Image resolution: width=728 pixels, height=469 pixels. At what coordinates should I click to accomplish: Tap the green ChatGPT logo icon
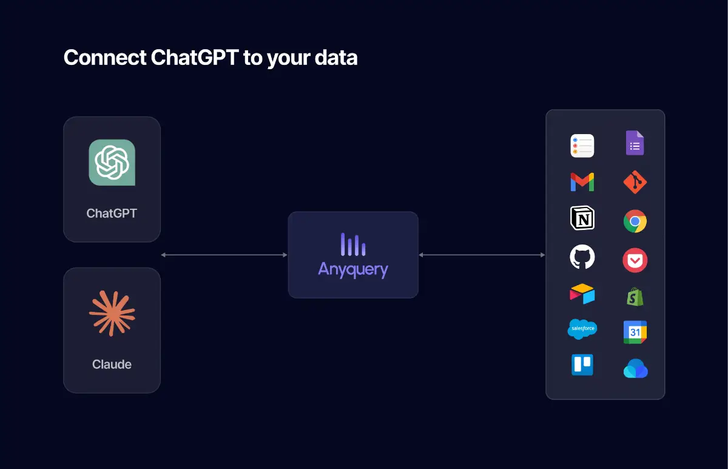(112, 162)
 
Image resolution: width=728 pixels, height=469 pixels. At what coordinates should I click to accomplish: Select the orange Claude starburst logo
(112, 313)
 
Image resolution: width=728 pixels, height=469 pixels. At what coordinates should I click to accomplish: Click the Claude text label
(112, 365)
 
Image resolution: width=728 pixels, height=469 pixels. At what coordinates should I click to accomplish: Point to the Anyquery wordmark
(353, 269)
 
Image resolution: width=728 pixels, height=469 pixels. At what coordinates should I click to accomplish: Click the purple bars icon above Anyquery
(353, 244)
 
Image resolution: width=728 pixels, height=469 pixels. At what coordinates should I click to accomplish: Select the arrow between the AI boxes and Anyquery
(224, 255)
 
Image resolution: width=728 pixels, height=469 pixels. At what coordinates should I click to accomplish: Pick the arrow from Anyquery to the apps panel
(482, 255)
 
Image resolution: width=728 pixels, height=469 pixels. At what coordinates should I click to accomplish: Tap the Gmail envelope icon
(582, 182)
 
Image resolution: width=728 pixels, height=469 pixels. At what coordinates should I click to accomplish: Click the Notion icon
(582, 218)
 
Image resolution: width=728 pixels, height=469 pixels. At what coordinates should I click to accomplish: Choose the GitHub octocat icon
(582, 257)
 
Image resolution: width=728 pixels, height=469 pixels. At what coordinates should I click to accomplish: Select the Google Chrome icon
(635, 221)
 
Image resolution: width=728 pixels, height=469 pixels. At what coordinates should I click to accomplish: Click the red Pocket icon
(635, 260)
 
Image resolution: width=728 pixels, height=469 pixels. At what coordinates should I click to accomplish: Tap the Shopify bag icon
(635, 297)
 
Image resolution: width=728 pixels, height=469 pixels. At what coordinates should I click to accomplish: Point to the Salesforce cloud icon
(582, 329)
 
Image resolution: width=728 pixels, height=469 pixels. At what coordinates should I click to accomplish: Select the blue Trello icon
(582, 365)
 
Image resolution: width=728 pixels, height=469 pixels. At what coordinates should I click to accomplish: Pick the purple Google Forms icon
(635, 143)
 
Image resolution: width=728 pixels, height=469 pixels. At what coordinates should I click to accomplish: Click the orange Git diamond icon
(635, 183)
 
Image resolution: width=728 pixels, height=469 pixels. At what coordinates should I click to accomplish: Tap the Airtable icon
(582, 294)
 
